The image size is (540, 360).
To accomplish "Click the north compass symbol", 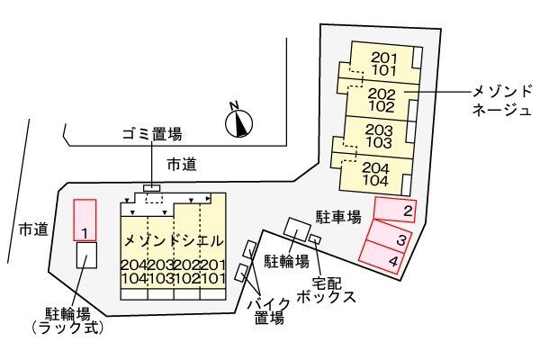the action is [238, 122].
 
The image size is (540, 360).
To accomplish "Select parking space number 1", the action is [85, 220].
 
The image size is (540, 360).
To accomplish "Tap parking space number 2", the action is [395, 210].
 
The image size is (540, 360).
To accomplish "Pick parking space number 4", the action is [382, 257].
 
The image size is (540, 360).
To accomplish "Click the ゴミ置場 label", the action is [152, 134].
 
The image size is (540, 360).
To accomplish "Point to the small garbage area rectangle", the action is [152, 188].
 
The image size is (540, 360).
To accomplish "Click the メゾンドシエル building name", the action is [173, 240].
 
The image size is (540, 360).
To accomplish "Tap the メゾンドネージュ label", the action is [501, 101].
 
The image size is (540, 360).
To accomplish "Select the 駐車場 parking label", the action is [338, 217].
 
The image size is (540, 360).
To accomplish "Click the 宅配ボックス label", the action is [326, 290].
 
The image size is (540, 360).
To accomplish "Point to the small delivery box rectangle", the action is [315, 238].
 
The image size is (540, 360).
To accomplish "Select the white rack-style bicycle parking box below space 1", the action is [86, 255].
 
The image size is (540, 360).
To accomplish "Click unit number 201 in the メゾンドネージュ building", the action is [384, 58].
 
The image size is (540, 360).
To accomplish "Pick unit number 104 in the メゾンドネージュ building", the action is [375, 181].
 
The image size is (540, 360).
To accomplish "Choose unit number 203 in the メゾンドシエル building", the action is [160, 265].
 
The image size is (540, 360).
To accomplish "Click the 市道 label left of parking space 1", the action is [33, 229].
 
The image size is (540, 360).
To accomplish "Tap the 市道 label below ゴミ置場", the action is [182, 165].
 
